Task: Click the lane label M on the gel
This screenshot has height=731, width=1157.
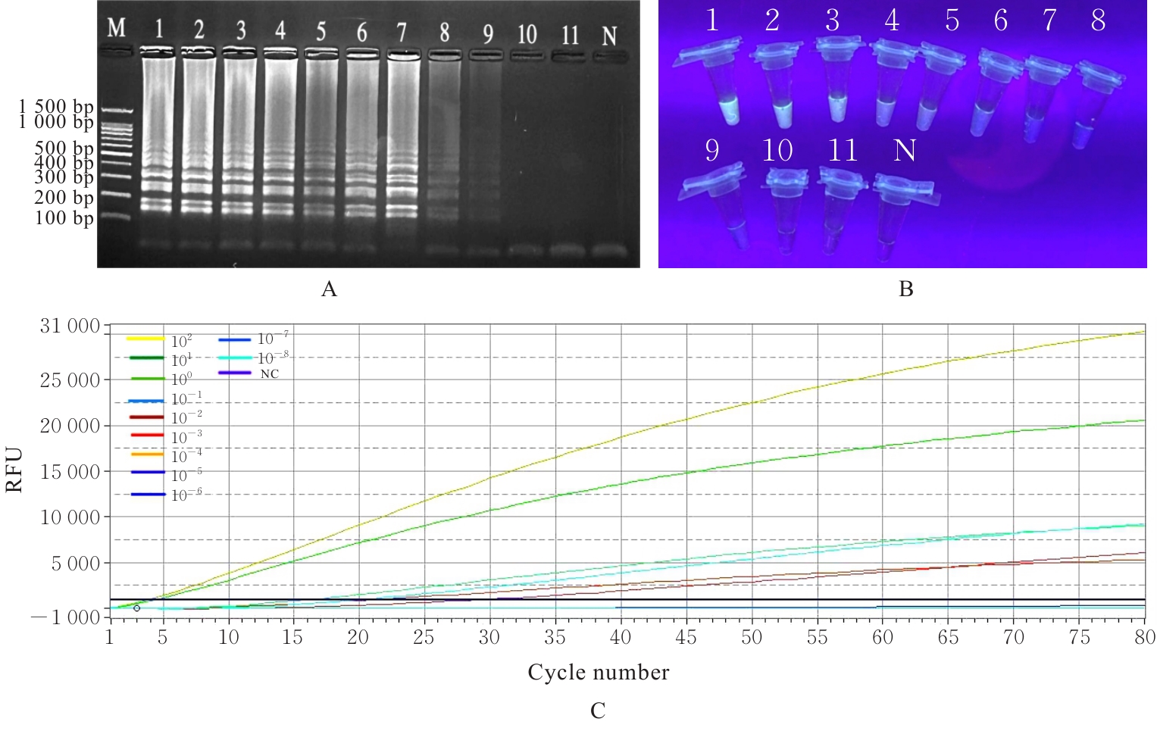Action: click(x=116, y=29)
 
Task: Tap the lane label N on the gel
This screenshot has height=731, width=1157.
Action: click(x=609, y=36)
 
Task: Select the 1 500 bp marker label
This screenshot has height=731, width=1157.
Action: click(x=56, y=107)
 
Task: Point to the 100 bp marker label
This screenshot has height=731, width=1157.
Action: click(x=64, y=218)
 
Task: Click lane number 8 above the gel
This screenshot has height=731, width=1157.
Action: click(x=444, y=33)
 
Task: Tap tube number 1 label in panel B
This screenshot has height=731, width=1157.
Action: click(x=711, y=20)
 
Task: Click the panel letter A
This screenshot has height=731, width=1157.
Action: click(x=329, y=289)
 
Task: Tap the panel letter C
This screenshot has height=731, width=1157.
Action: click(x=598, y=711)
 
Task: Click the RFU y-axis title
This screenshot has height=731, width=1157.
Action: click(x=14, y=470)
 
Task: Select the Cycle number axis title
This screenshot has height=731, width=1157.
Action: click(x=599, y=672)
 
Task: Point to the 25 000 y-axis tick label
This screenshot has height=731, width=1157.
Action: click(x=70, y=380)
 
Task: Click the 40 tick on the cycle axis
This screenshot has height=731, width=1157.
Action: click(x=621, y=637)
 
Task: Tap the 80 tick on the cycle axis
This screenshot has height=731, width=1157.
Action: click(x=1144, y=637)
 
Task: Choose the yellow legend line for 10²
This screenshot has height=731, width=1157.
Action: click(x=145, y=339)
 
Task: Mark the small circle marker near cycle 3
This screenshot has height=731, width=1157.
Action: click(x=136, y=608)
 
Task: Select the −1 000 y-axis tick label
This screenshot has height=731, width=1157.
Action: click(x=65, y=617)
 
